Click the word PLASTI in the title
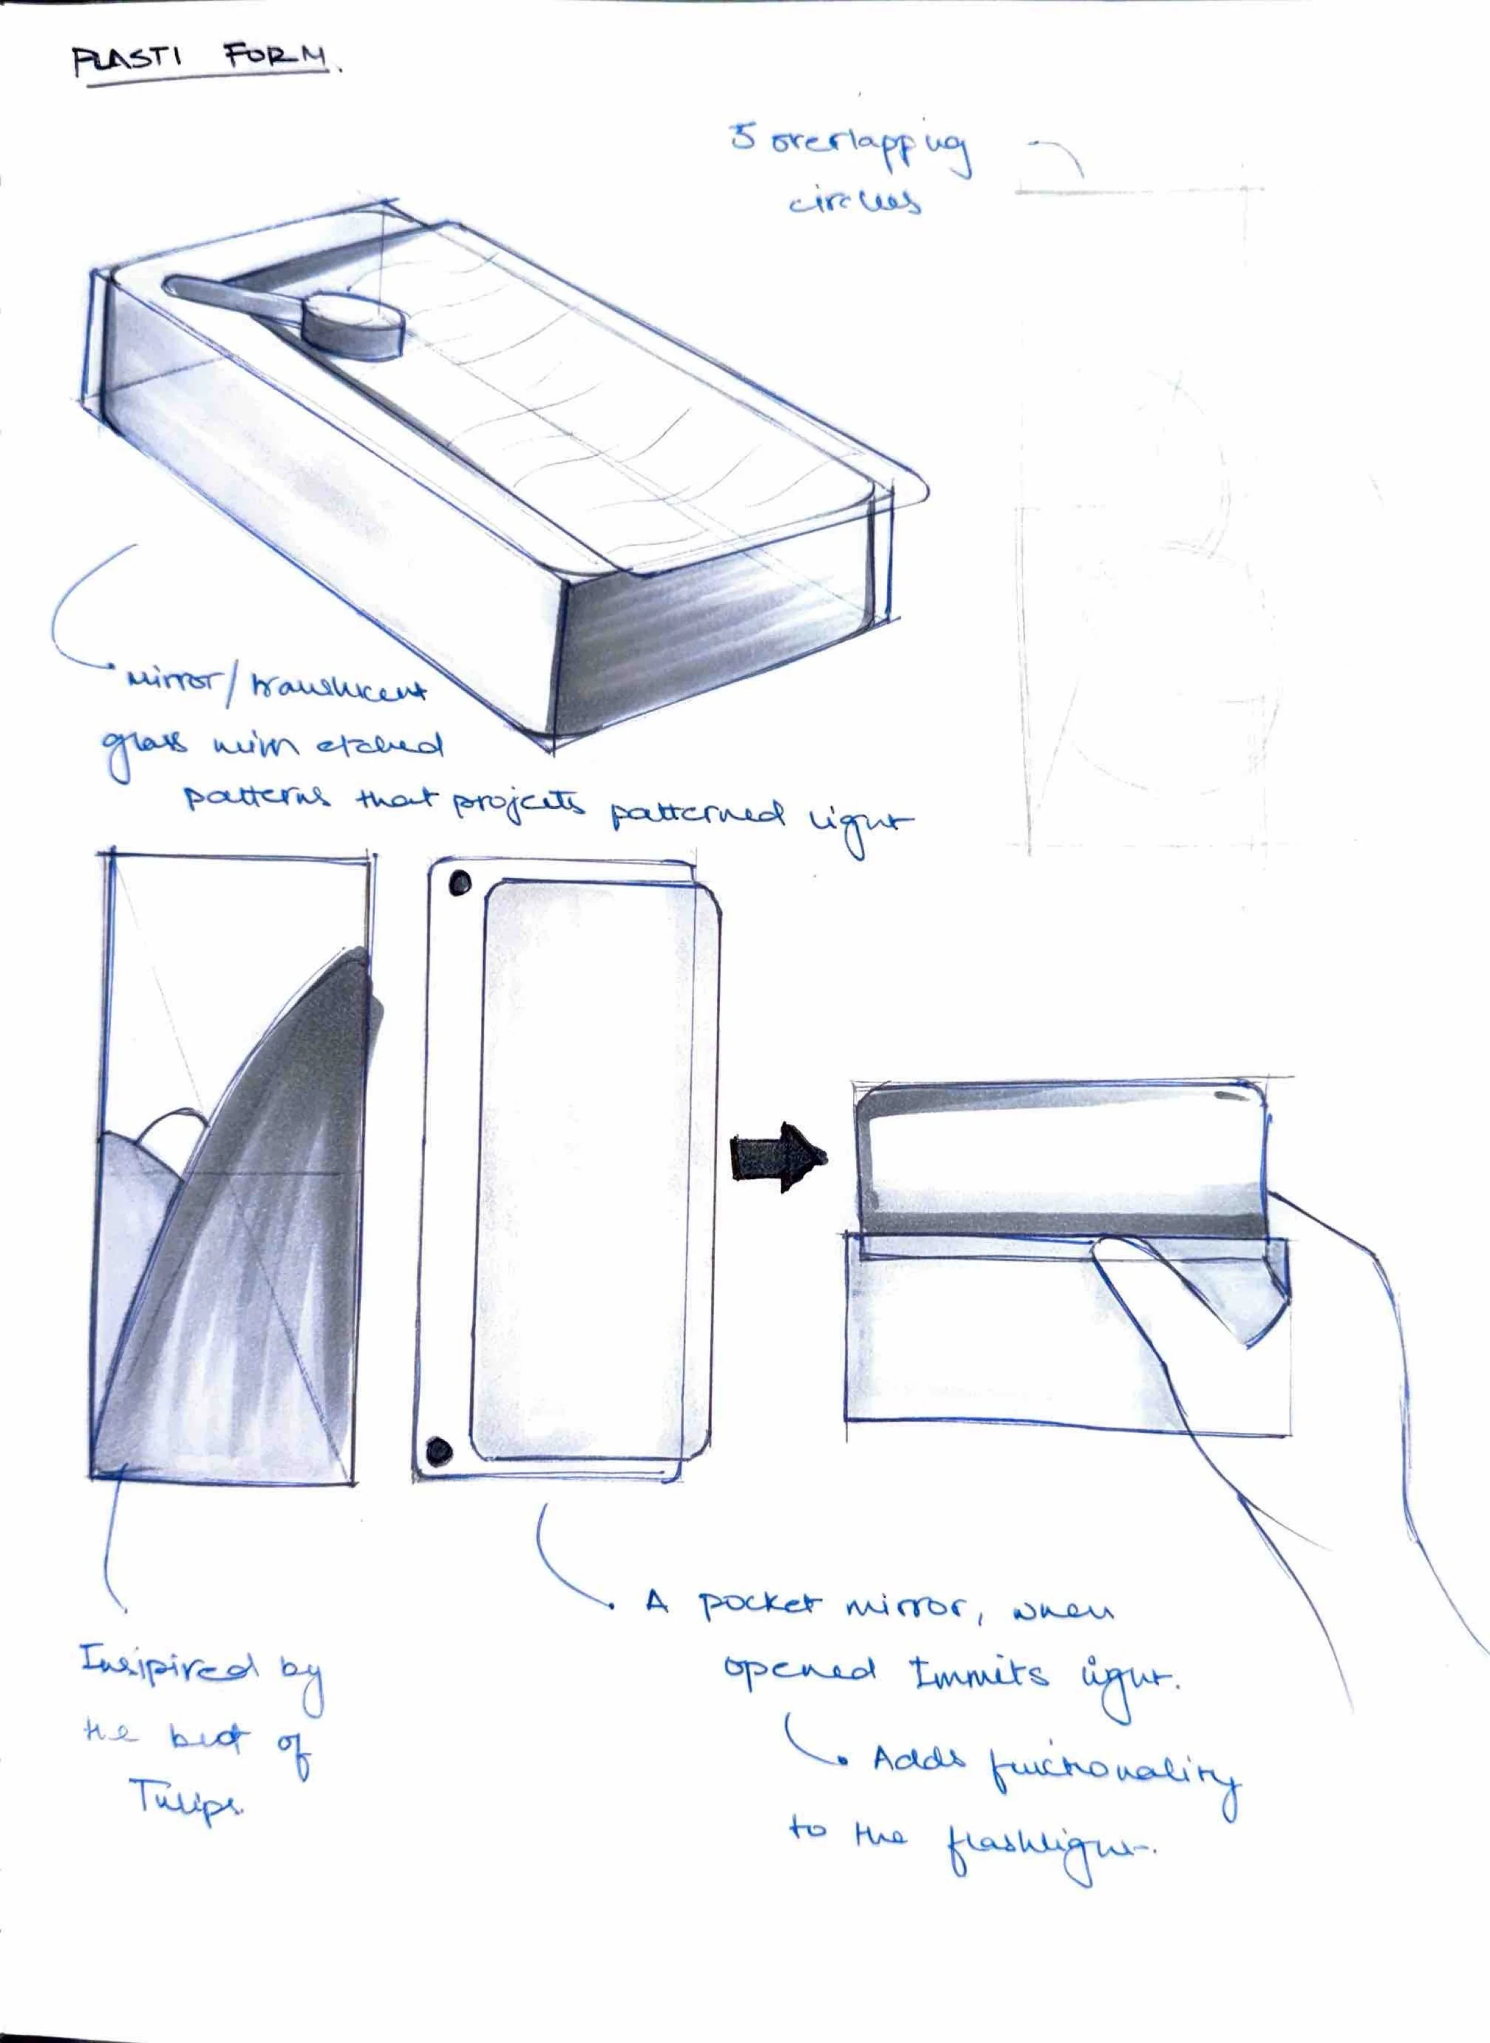click(126, 62)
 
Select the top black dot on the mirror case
click(460, 882)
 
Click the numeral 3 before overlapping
click(742, 138)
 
